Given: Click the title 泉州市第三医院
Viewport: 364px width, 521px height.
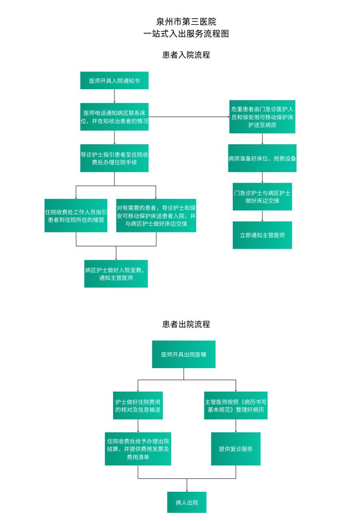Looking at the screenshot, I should pos(186,22).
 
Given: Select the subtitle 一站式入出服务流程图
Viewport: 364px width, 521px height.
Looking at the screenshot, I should pos(186,34).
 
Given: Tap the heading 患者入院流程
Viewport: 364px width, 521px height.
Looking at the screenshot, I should pos(186,55).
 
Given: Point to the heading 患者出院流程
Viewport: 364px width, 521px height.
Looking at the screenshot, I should pos(186,324).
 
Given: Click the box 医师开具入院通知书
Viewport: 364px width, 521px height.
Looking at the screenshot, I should pos(114,81).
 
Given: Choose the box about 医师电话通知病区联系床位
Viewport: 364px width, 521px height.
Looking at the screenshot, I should pos(114,116).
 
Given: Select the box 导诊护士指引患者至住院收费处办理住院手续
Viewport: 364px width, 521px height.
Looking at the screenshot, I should pos(114,158).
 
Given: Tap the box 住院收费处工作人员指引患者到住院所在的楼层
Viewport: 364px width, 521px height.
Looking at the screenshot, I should pos(76,216).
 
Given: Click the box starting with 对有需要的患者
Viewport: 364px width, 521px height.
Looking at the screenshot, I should pos(156,216).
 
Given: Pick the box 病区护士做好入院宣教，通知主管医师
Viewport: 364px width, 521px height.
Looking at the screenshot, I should pos(116,274).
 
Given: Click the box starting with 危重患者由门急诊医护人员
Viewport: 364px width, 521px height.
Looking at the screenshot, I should pos(262,116).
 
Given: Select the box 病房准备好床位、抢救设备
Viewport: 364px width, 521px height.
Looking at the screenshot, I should pos(262,158).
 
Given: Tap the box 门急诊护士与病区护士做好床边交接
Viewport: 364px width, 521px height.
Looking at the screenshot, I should pos(262,197).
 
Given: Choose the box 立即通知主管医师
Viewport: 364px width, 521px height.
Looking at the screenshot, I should pos(262,235).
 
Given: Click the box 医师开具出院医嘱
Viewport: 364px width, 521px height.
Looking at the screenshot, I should pos(183,354).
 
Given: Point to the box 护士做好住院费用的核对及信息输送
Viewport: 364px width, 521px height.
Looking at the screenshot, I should pos(138,405).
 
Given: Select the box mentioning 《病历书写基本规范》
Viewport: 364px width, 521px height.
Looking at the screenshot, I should pos(236,405).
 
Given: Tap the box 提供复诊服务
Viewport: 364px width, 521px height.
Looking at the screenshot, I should pos(236,449).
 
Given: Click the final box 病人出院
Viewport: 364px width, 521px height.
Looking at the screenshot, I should pos(187,502).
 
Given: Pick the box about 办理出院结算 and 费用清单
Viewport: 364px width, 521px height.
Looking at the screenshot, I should pos(138,449).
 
